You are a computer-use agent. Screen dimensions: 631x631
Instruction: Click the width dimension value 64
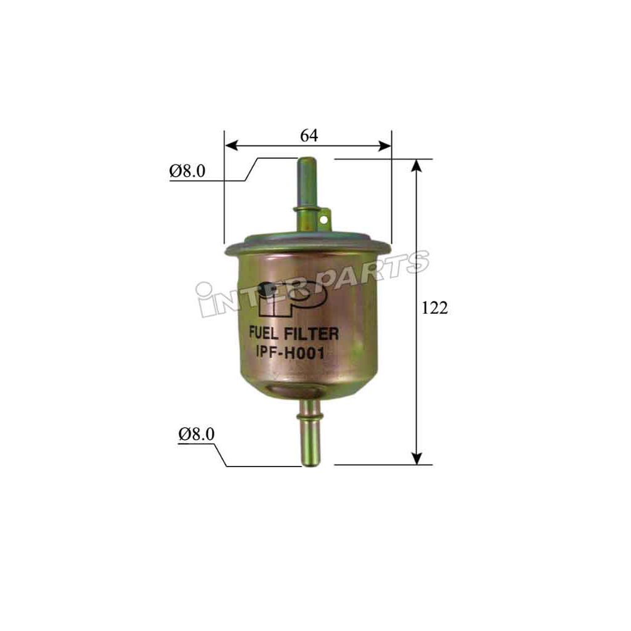coord(309,136)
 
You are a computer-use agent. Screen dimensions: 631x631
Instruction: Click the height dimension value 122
coord(434,308)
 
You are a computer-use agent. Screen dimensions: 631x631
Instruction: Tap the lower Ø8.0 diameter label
coord(197,434)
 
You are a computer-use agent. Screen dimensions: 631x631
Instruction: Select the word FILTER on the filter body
coord(314,334)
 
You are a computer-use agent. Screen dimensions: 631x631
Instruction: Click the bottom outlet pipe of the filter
coord(309,444)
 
